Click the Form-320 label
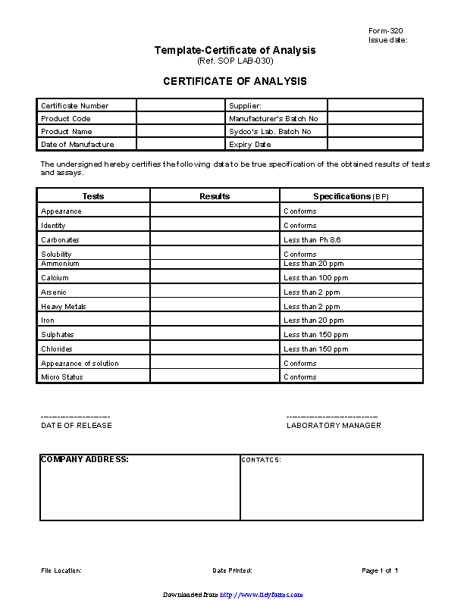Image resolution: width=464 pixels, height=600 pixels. click(x=385, y=30)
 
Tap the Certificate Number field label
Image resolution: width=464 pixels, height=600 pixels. click(x=74, y=106)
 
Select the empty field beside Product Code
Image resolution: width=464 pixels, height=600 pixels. click(x=181, y=119)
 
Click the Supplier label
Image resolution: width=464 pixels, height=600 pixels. click(x=245, y=106)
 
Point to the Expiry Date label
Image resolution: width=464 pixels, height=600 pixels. click(x=249, y=145)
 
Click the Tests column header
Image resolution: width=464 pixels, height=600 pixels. click(x=93, y=196)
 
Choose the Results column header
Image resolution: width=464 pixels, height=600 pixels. click(x=215, y=196)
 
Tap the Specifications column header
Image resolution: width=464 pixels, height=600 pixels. click(x=351, y=196)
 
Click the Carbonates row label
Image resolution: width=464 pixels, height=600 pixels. click(x=60, y=240)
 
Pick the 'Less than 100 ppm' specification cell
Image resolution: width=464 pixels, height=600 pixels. click(x=312, y=278)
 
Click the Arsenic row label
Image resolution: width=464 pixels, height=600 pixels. click(x=54, y=292)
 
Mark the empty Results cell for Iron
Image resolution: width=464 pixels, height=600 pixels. click(x=215, y=320)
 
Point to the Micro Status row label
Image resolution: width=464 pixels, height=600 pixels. click(x=62, y=377)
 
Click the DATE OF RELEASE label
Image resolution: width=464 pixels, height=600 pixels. click(x=77, y=426)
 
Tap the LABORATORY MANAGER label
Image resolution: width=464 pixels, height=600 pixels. click(x=334, y=426)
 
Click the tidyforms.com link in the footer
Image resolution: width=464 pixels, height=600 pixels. click(x=262, y=595)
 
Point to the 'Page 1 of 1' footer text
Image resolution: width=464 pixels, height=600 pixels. click(x=380, y=570)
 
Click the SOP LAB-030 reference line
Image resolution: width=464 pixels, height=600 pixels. click(x=235, y=61)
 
